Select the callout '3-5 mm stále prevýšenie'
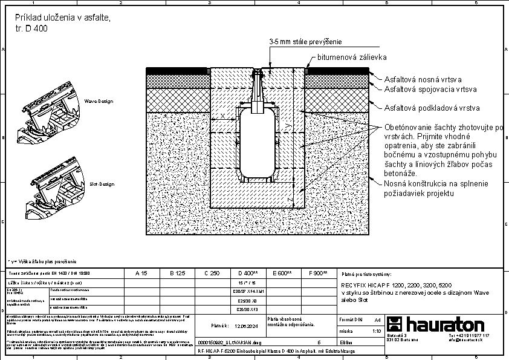coord(306,42)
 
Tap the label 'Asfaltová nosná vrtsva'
coord(423,79)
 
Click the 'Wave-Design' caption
coord(99,101)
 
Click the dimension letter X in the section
coord(222,115)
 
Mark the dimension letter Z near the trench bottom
coord(290,198)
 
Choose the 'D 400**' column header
coord(248,273)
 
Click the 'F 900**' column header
coord(317,273)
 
